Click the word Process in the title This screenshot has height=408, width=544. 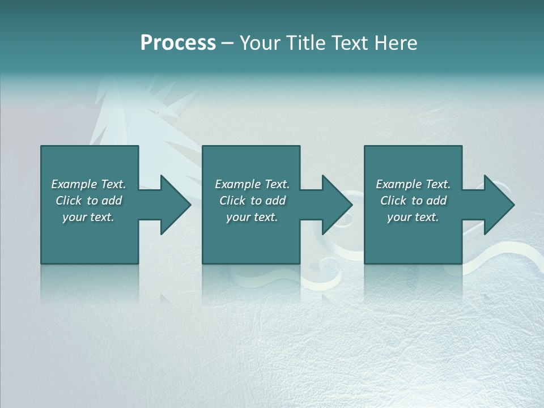pos(178,43)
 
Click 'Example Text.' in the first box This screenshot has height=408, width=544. pos(88,184)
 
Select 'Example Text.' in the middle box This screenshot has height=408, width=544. pos(252,184)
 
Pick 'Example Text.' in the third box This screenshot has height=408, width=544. pos(413,184)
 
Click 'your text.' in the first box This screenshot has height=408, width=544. pos(88,217)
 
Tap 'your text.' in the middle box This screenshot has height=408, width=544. pos(252,217)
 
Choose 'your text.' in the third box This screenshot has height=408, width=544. pos(413,217)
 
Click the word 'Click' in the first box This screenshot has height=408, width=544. pos(69,201)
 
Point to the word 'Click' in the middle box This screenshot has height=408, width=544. pos(232,201)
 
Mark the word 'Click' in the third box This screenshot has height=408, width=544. pos(393,201)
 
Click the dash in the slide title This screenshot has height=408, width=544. pos(227,44)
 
